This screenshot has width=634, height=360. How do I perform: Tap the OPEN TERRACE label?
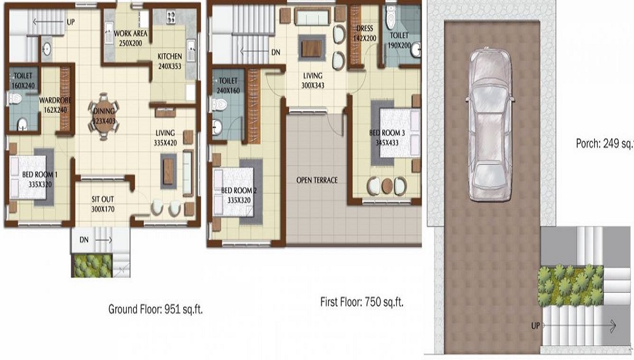point(317,180)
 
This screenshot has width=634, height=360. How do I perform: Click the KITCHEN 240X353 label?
point(169,60)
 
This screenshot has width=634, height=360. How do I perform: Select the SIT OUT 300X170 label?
point(102,204)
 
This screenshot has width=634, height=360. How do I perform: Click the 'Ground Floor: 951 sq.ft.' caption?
point(155,310)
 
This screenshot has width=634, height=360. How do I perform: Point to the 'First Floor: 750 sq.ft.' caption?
point(362,302)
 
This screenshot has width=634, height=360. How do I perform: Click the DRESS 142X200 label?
point(365,33)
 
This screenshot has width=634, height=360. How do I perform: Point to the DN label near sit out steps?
point(84,240)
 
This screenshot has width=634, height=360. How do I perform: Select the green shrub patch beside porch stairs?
point(569,285)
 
